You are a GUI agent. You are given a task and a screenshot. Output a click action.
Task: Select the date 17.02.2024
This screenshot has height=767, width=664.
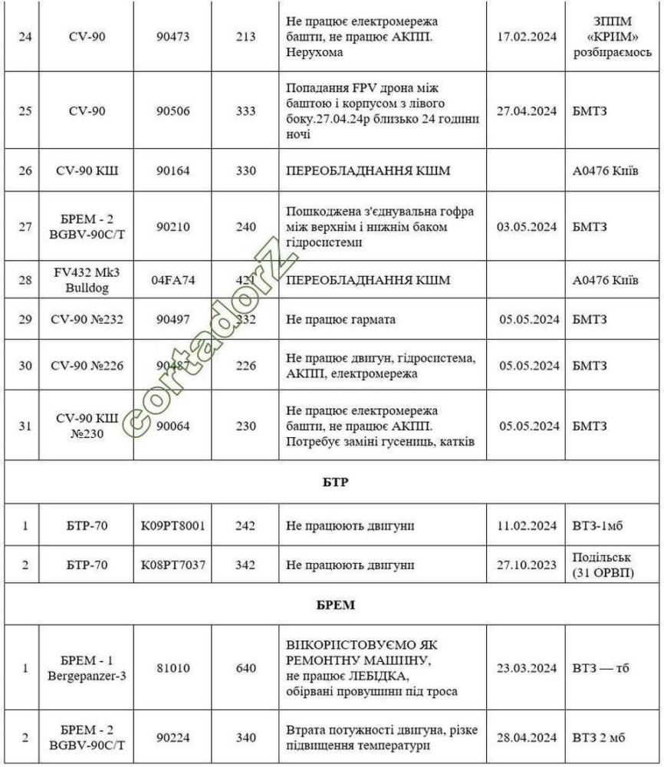click(526, 38)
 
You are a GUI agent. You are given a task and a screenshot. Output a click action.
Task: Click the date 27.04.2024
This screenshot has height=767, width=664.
click(526, 111)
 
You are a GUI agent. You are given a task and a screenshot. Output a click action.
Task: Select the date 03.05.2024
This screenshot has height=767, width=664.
click(526, 226)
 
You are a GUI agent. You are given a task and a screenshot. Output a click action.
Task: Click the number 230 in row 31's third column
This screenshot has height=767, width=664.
click(246, 426)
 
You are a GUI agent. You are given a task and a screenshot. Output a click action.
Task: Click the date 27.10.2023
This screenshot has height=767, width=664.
click(526, 565)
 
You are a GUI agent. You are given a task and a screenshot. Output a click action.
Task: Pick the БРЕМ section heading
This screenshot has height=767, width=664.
click(332, 605)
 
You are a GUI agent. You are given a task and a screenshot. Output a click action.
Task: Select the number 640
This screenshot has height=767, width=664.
click(246, 668)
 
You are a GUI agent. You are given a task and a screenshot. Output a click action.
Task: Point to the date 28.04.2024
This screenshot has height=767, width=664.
click(526, 737)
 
